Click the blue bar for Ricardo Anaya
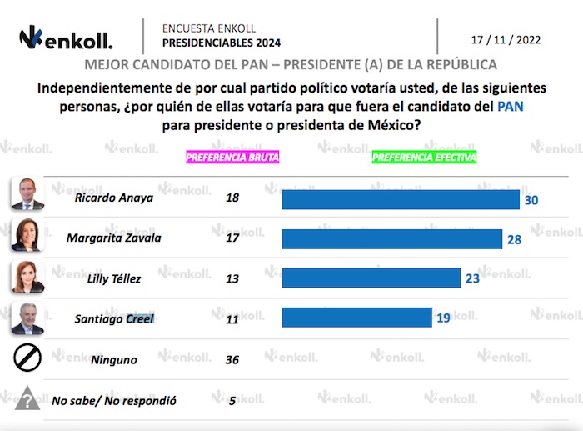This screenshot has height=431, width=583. [400, 200]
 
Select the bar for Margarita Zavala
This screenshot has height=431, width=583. [391, 239]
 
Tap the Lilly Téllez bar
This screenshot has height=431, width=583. [371, 278]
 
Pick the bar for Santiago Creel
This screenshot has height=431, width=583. [356, 318]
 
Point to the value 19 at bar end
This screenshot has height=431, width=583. [444, 318]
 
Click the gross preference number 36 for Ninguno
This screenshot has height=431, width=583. [232, 360]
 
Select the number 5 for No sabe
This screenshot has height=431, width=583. [232, 400]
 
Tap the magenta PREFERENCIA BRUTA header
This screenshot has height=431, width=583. [232, 157]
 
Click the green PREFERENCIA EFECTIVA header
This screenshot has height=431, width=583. [424, 157]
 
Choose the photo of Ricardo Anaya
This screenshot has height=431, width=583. [27, 193]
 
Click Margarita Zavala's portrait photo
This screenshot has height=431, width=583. [27, 234]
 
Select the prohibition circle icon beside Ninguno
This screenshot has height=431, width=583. [27, 358]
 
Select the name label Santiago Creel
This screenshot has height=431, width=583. [114, 318]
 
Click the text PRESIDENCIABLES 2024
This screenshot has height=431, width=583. [221, 43]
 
